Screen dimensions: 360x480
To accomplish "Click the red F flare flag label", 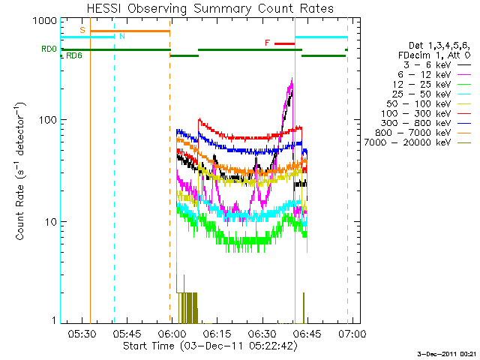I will click(x=268, y=43).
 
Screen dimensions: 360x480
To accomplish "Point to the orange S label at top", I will click(x=82, y=30).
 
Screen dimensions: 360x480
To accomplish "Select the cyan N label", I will click(x=122, y=36).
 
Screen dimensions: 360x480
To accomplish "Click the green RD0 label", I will click(x=49, y=49).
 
